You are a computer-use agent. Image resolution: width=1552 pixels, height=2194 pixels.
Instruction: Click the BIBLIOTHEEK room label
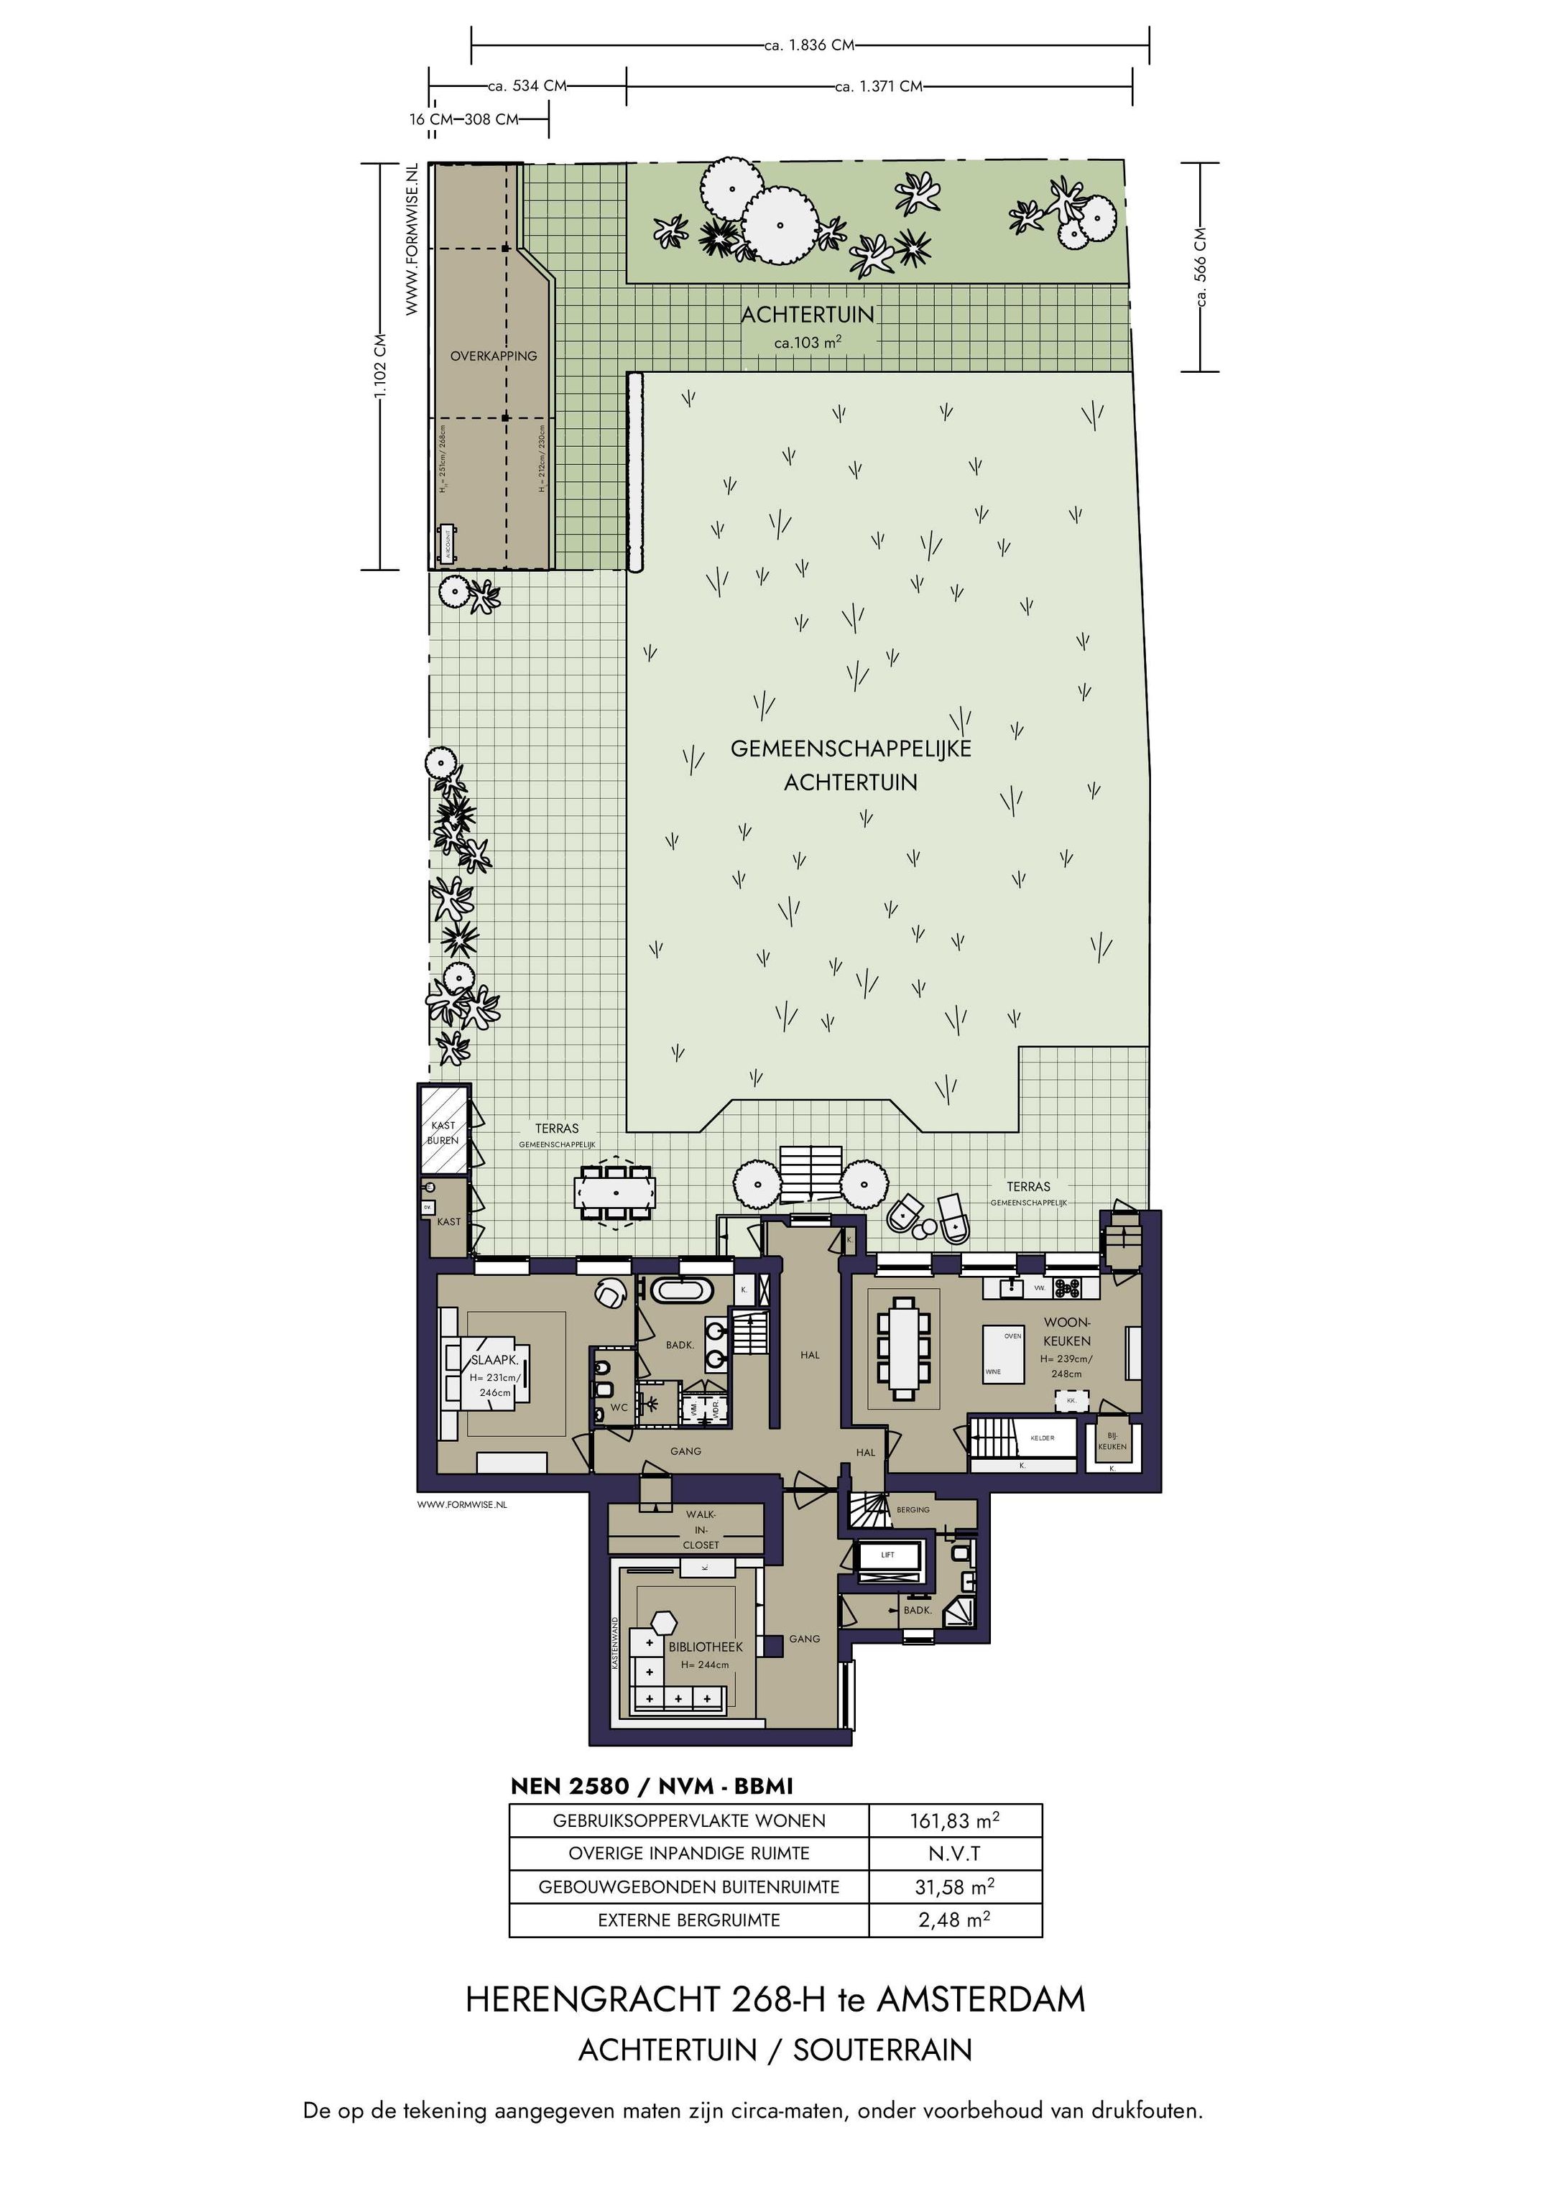coord(706,1647)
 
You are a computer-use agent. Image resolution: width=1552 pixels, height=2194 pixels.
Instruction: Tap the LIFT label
coord(888,1554)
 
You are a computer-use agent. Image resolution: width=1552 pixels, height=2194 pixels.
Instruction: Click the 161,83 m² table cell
coord(955,1820)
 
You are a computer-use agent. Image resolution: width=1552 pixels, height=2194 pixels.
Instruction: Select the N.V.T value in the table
coord(955,1853)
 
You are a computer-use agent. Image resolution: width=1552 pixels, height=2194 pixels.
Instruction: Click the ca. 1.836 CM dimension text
coord(810,45)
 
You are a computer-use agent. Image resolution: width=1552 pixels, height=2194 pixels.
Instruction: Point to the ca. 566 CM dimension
coord(1201,267)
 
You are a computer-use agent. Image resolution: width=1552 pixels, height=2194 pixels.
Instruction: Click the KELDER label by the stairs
coord(1042,1438)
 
